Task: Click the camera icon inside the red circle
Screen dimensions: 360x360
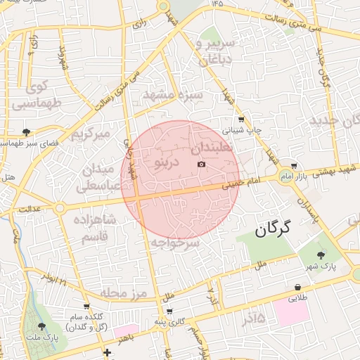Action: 202,164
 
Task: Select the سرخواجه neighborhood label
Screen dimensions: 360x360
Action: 175,243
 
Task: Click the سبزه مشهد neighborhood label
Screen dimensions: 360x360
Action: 173,94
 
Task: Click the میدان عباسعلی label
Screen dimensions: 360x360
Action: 98,177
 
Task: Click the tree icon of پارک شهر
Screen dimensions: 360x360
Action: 321,255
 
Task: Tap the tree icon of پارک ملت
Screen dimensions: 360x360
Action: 41,326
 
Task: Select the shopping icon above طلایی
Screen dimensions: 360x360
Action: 298,288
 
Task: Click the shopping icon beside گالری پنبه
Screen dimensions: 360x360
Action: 169,311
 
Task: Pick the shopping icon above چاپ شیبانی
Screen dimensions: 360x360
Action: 242,119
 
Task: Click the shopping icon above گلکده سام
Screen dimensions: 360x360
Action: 86,307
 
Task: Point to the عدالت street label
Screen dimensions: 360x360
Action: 30,209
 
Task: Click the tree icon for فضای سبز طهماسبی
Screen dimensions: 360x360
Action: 26,131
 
